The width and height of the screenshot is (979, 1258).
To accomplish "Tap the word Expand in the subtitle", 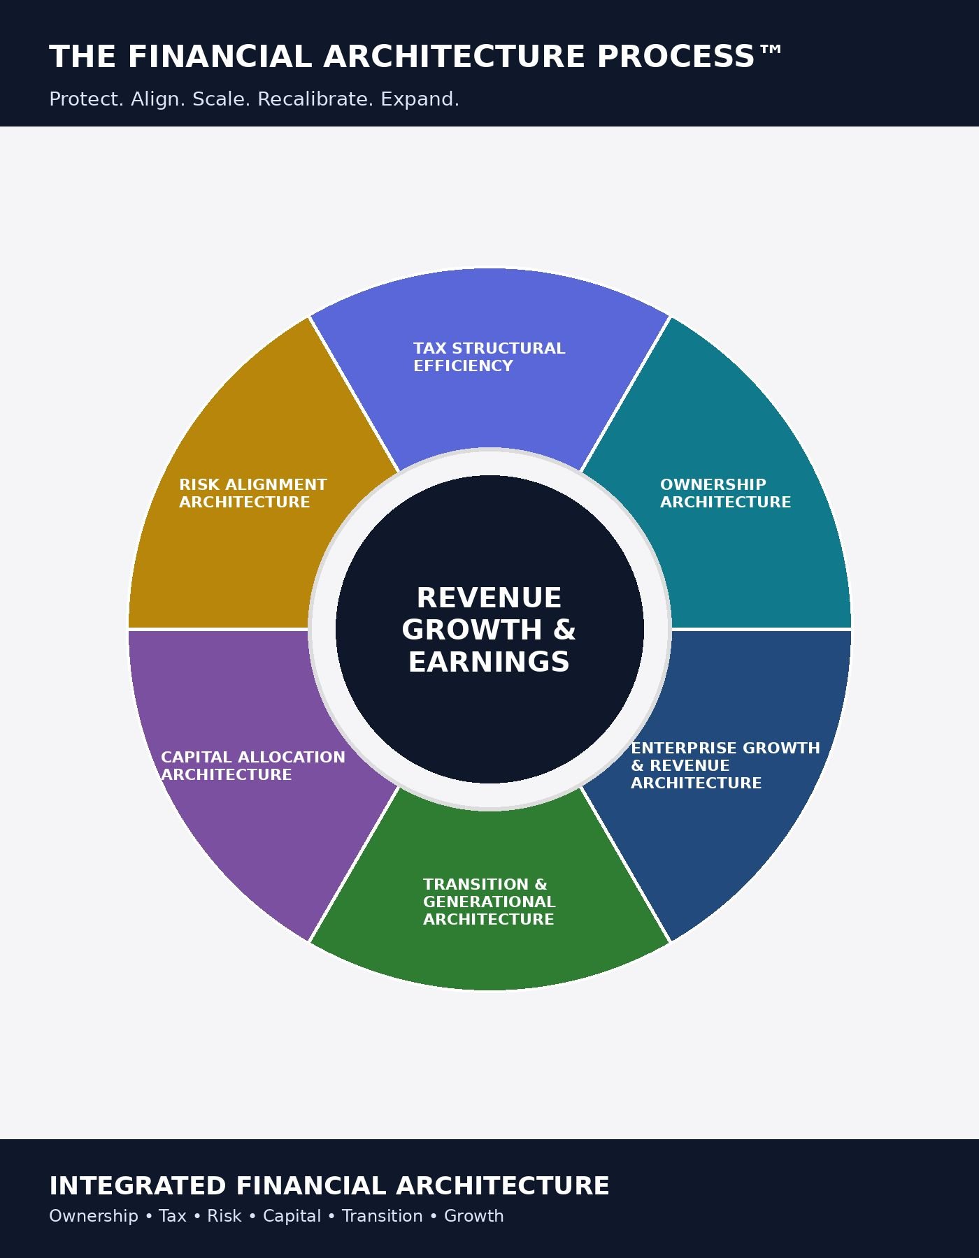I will point(419,99).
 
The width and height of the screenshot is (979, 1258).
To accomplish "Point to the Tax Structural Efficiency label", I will point(489,357).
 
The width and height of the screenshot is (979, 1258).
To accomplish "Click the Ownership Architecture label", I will point(725,493).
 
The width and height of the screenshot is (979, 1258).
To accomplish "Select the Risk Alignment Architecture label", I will point(252,493).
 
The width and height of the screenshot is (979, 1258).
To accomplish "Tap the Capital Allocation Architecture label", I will point(252,766).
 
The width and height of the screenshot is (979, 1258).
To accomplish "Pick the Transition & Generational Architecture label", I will point(489,902).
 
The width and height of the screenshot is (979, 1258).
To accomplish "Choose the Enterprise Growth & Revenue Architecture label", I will point(725,765).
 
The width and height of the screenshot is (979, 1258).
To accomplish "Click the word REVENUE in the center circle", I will point(489,598).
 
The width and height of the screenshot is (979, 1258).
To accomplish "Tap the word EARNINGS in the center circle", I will point(489,662).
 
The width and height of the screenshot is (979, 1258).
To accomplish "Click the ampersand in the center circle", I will point(564,630).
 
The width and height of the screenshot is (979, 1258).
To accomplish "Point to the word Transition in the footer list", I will point(382,1216).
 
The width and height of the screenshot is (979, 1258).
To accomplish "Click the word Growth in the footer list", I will point(473,1216).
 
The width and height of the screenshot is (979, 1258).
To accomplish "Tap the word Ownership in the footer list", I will point(94,1216).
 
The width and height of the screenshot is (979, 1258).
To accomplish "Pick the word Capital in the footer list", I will point(292,1216).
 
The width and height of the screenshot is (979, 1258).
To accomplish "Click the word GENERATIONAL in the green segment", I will point(489,902).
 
